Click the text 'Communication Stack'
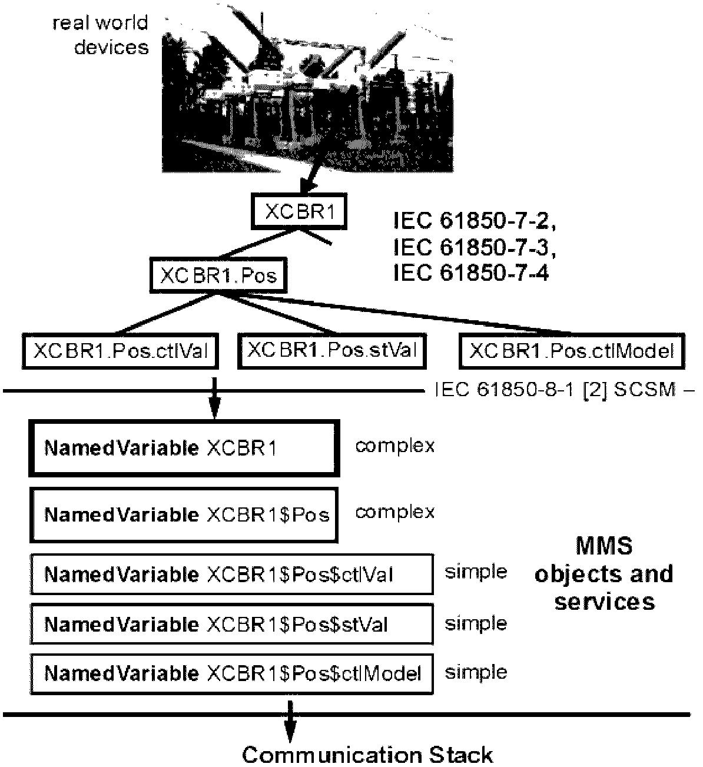367,755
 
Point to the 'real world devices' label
100,35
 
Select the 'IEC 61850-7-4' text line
471,273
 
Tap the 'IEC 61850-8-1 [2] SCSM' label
556,390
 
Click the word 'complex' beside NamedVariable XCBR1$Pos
394,512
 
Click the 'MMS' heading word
604,546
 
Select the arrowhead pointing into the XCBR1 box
309,187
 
